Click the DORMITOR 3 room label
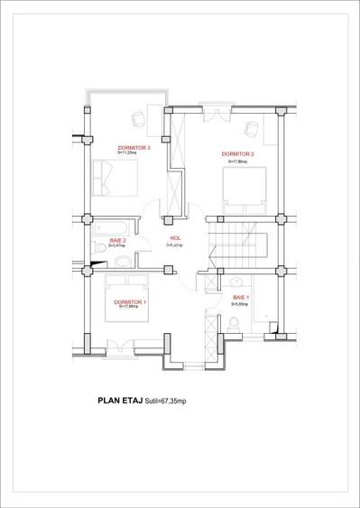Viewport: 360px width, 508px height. tap(134, 147)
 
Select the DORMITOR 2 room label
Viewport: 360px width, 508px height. tap(239, 154)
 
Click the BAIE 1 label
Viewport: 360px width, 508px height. tap(241, 297)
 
